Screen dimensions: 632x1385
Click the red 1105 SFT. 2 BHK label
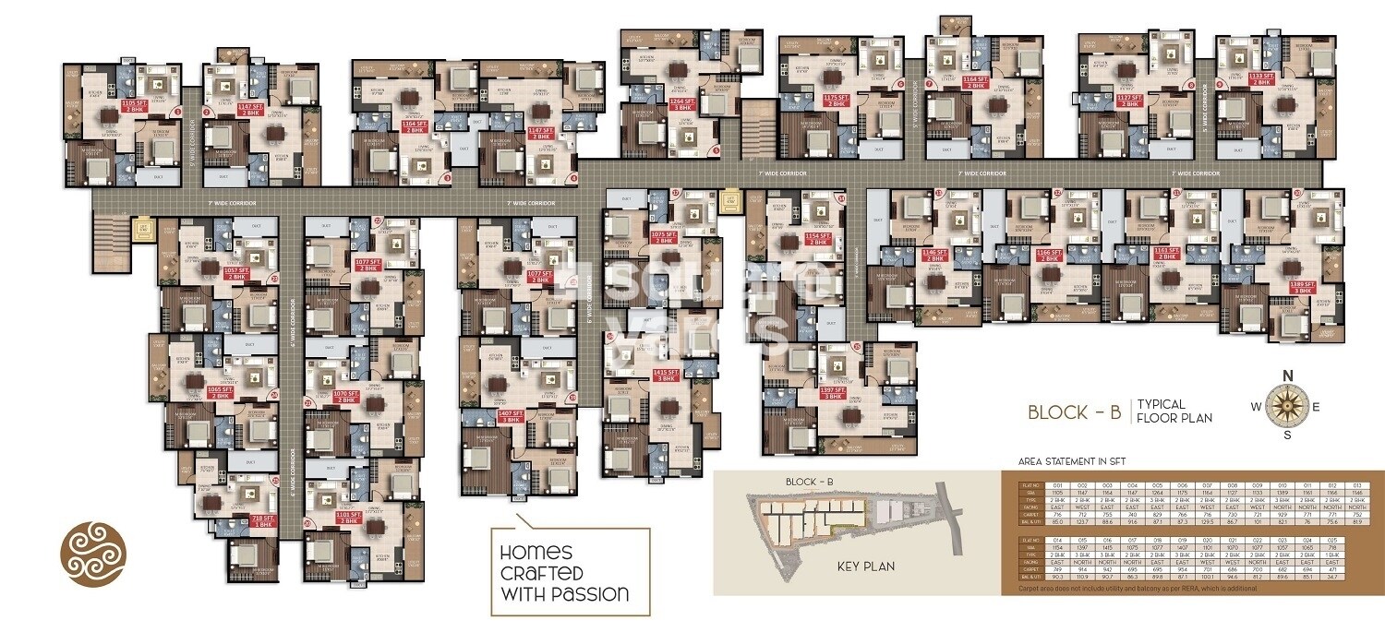coord(109,105)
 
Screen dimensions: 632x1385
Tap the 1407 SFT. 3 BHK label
coord(511,416)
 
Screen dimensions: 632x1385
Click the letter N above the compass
coord(1283,374)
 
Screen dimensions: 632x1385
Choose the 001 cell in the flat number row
coord(1057,483)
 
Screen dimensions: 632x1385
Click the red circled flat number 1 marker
coord(176,112)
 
